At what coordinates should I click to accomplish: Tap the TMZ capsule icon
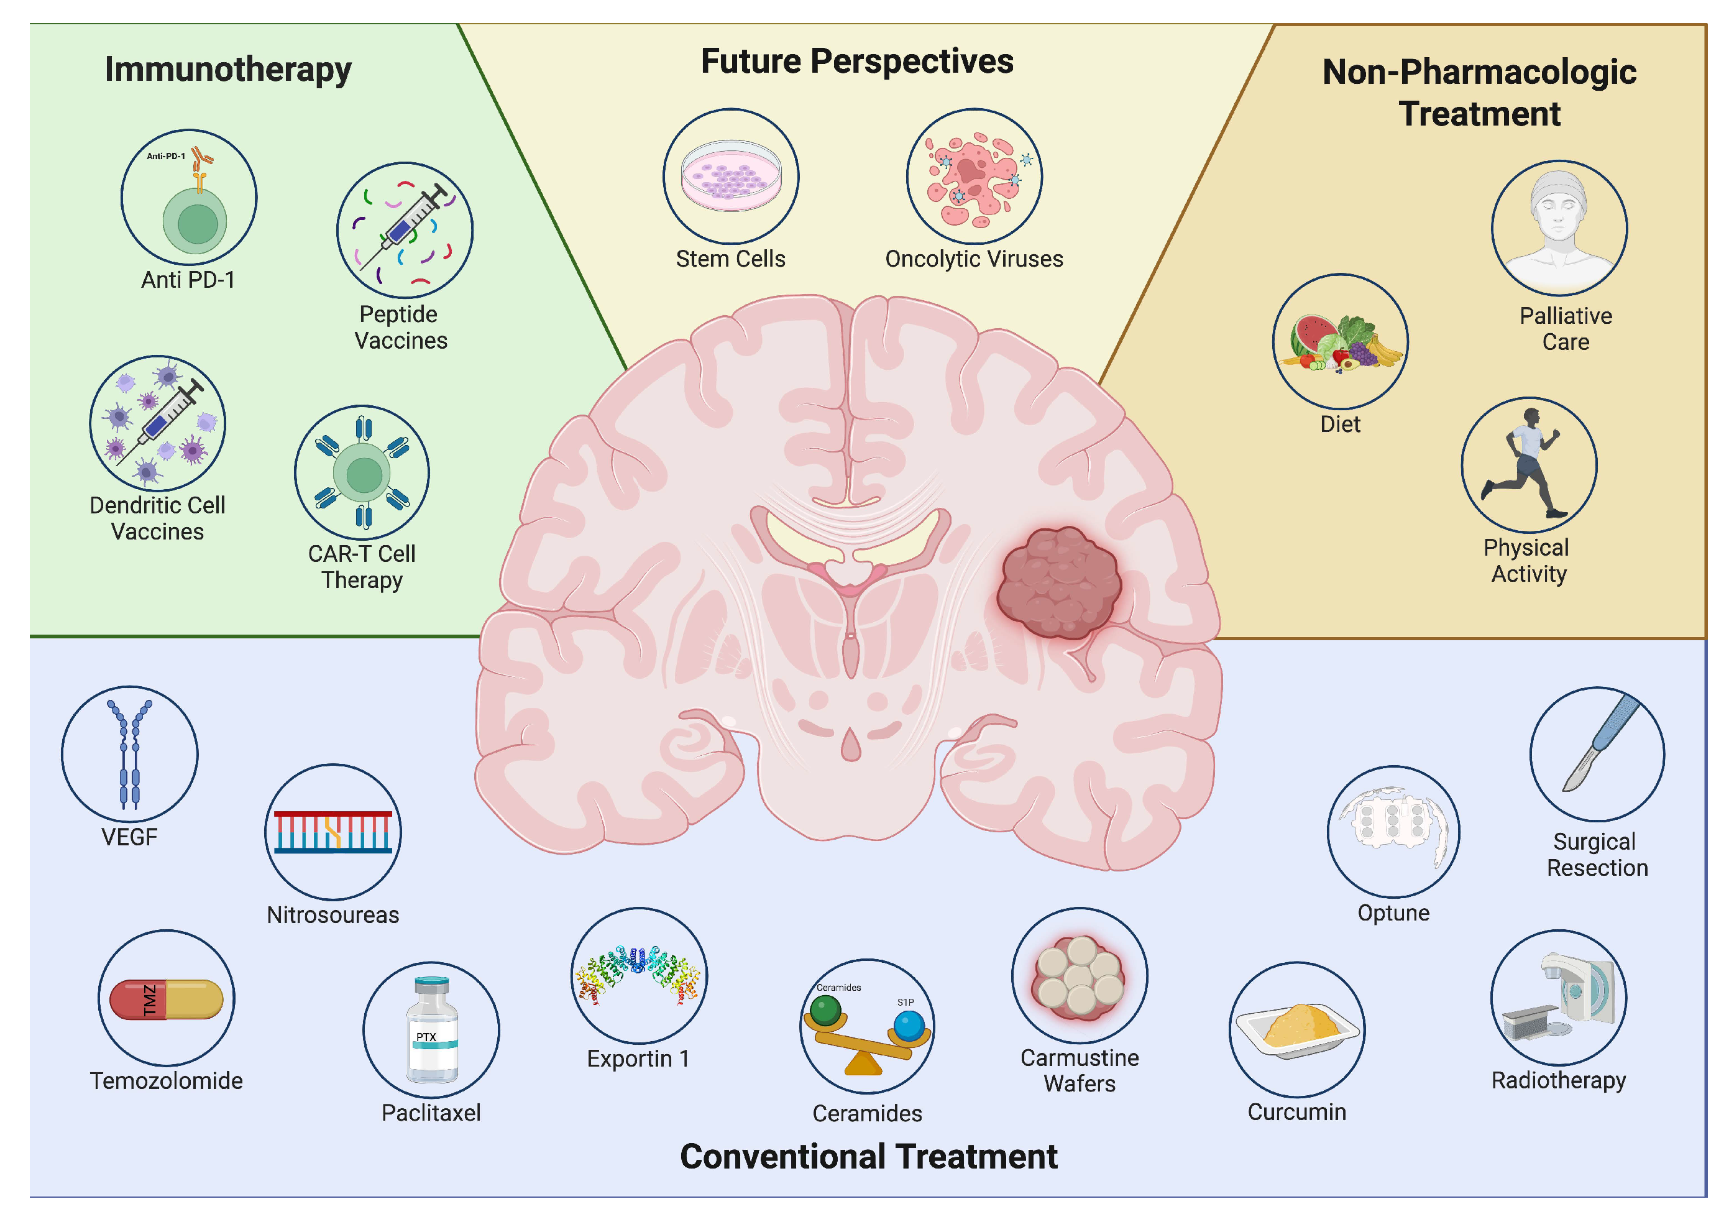coord(167,999)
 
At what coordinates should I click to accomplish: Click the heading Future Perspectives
coord(856,62)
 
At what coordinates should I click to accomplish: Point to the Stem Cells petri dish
coord(730,175)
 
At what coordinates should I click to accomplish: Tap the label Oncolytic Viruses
coord(974,259)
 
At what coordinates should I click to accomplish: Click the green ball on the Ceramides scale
coord(825,1009)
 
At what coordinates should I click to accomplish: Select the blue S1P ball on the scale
coord(908,1026)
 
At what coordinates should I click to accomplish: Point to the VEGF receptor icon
coord(129,753)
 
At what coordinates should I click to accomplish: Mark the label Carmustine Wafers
coord(1079,1070)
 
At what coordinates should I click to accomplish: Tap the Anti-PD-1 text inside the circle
coord(166,156)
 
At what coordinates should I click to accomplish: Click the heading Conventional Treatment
coord(868,1157)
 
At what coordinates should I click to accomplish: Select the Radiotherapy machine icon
coord(1559,998)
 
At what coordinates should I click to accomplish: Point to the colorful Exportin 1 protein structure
coord(638,973)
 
